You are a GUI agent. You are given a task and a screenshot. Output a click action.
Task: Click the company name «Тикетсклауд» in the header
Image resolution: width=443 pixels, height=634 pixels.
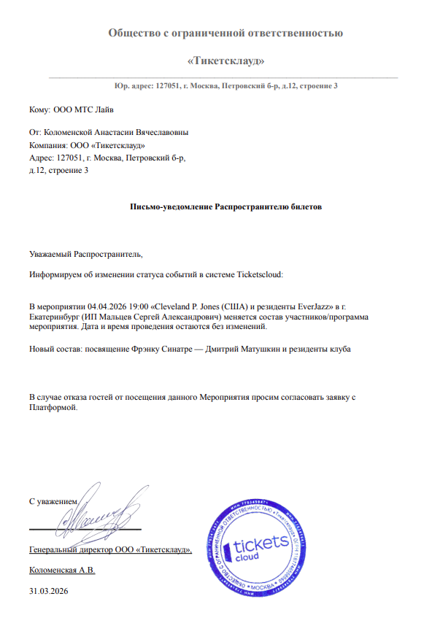point(226,60)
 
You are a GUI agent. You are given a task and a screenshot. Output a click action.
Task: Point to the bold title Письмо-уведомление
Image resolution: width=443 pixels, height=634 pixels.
point(171,206)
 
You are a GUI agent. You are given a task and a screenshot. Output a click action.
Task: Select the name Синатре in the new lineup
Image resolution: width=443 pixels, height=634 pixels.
point(180,349)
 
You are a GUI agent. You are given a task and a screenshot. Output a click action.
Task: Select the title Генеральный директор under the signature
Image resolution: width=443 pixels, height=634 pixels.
point(80,549)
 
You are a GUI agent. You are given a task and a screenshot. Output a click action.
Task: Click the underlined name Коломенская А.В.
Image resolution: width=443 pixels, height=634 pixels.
point(62,569)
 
